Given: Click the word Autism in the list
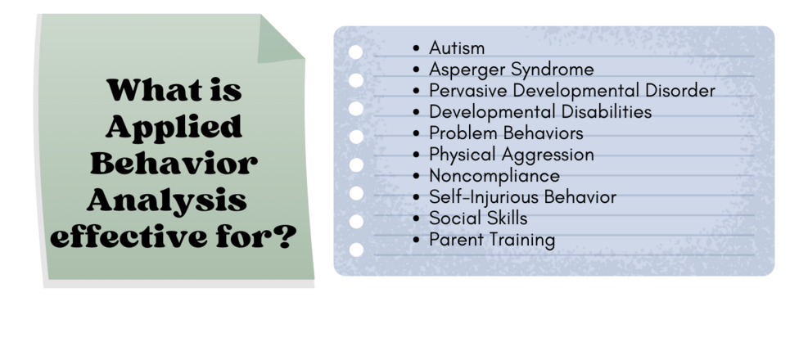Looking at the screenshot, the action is pyautogui.click(x=457, y=48).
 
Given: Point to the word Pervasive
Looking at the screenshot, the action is pyautogui.click(x=468, y=91).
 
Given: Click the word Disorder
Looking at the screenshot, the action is pyautogui.click(x=680, y=91).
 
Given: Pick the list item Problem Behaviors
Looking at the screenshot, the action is pyautogui.click(x=506, y=133).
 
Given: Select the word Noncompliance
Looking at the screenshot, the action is pyautogui.click(x=494, y=176).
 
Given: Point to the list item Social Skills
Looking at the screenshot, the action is pyautogui.click(x=478, y=218).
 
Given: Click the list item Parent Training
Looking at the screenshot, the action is pyautogui.click(x=492, y=240).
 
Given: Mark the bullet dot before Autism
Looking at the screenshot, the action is pyautogui.click(x=417, y=48).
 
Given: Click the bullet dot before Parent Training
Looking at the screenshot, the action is pyautogui.click(x=417, y=240).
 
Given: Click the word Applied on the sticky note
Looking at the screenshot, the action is pyautogui.click(x=174, y=127).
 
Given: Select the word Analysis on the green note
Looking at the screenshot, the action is pyautogui.click(x=167, y=200).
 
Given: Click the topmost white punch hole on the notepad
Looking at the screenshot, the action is pyautogui.click(x=355, y=52).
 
